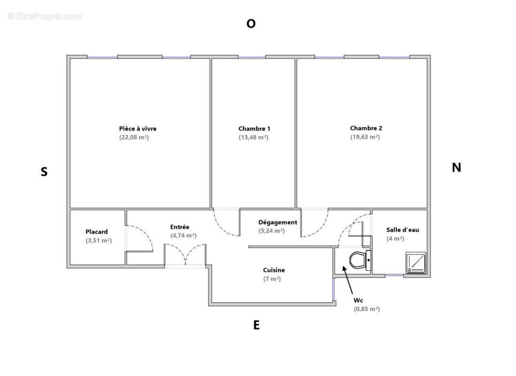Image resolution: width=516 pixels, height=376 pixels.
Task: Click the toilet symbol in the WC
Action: point(359,260)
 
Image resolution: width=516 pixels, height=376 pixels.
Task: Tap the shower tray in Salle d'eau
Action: point(416,263)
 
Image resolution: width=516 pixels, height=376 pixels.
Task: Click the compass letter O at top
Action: point(251,24)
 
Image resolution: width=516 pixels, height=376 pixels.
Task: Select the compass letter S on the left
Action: point(44,172)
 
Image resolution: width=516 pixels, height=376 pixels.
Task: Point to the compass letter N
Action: point(456,167)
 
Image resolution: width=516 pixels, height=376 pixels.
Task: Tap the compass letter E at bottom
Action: point(256,325)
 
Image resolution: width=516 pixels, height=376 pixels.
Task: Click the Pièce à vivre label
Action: point(138,128)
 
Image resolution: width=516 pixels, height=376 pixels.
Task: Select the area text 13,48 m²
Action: point(254,138)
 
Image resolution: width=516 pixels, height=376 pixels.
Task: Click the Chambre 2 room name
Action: point(366,128)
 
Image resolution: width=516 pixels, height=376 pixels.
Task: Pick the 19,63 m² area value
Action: point(365,137)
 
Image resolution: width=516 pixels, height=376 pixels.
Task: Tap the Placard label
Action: point(97,231)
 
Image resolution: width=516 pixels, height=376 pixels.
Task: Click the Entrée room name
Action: point(180,227)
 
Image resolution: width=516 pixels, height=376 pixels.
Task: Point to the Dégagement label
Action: point(278,222)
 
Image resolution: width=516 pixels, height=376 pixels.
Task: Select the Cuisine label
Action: point(274,270)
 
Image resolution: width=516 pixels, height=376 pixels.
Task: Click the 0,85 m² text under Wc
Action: point(367,309)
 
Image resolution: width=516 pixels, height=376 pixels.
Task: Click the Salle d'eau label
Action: point(402,229)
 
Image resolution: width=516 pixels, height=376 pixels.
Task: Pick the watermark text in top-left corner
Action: point(45,16)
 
